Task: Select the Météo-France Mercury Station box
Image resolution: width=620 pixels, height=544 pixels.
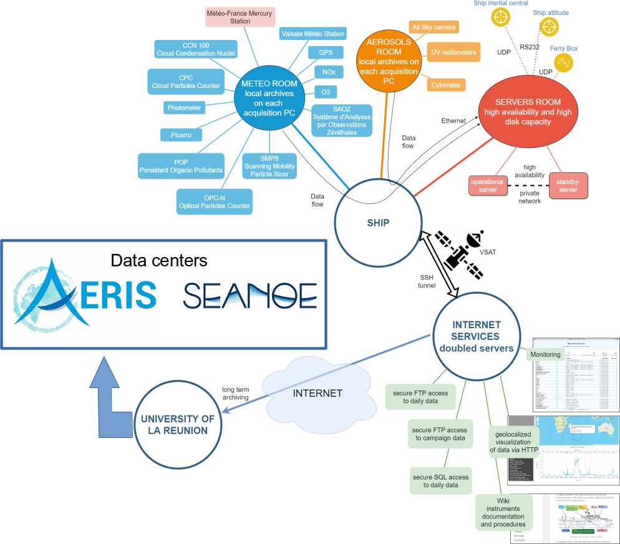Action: pyautogui.click(x=240, y=16)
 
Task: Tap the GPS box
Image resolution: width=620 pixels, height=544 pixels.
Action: pyautogui.click(x=326, y=52)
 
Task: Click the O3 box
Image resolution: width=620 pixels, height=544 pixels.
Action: pyautogui.click(x=326, y=92)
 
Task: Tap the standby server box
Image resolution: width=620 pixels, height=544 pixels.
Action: pyautogui.click(x=568, y=186)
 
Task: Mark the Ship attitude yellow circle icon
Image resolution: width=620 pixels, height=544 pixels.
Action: pyautogui.click(x=549, y=27)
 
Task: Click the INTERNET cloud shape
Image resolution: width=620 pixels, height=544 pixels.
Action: pyautogui.click(x=317, y=393)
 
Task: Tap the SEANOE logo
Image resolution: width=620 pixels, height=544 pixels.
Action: pyautogui.click(x=249, y=295)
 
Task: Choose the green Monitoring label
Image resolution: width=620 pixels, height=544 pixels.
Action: pyautogui.click(x=545, y=355)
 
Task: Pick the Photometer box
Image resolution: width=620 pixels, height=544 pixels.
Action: pyautogui.click(x=185, y=108)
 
